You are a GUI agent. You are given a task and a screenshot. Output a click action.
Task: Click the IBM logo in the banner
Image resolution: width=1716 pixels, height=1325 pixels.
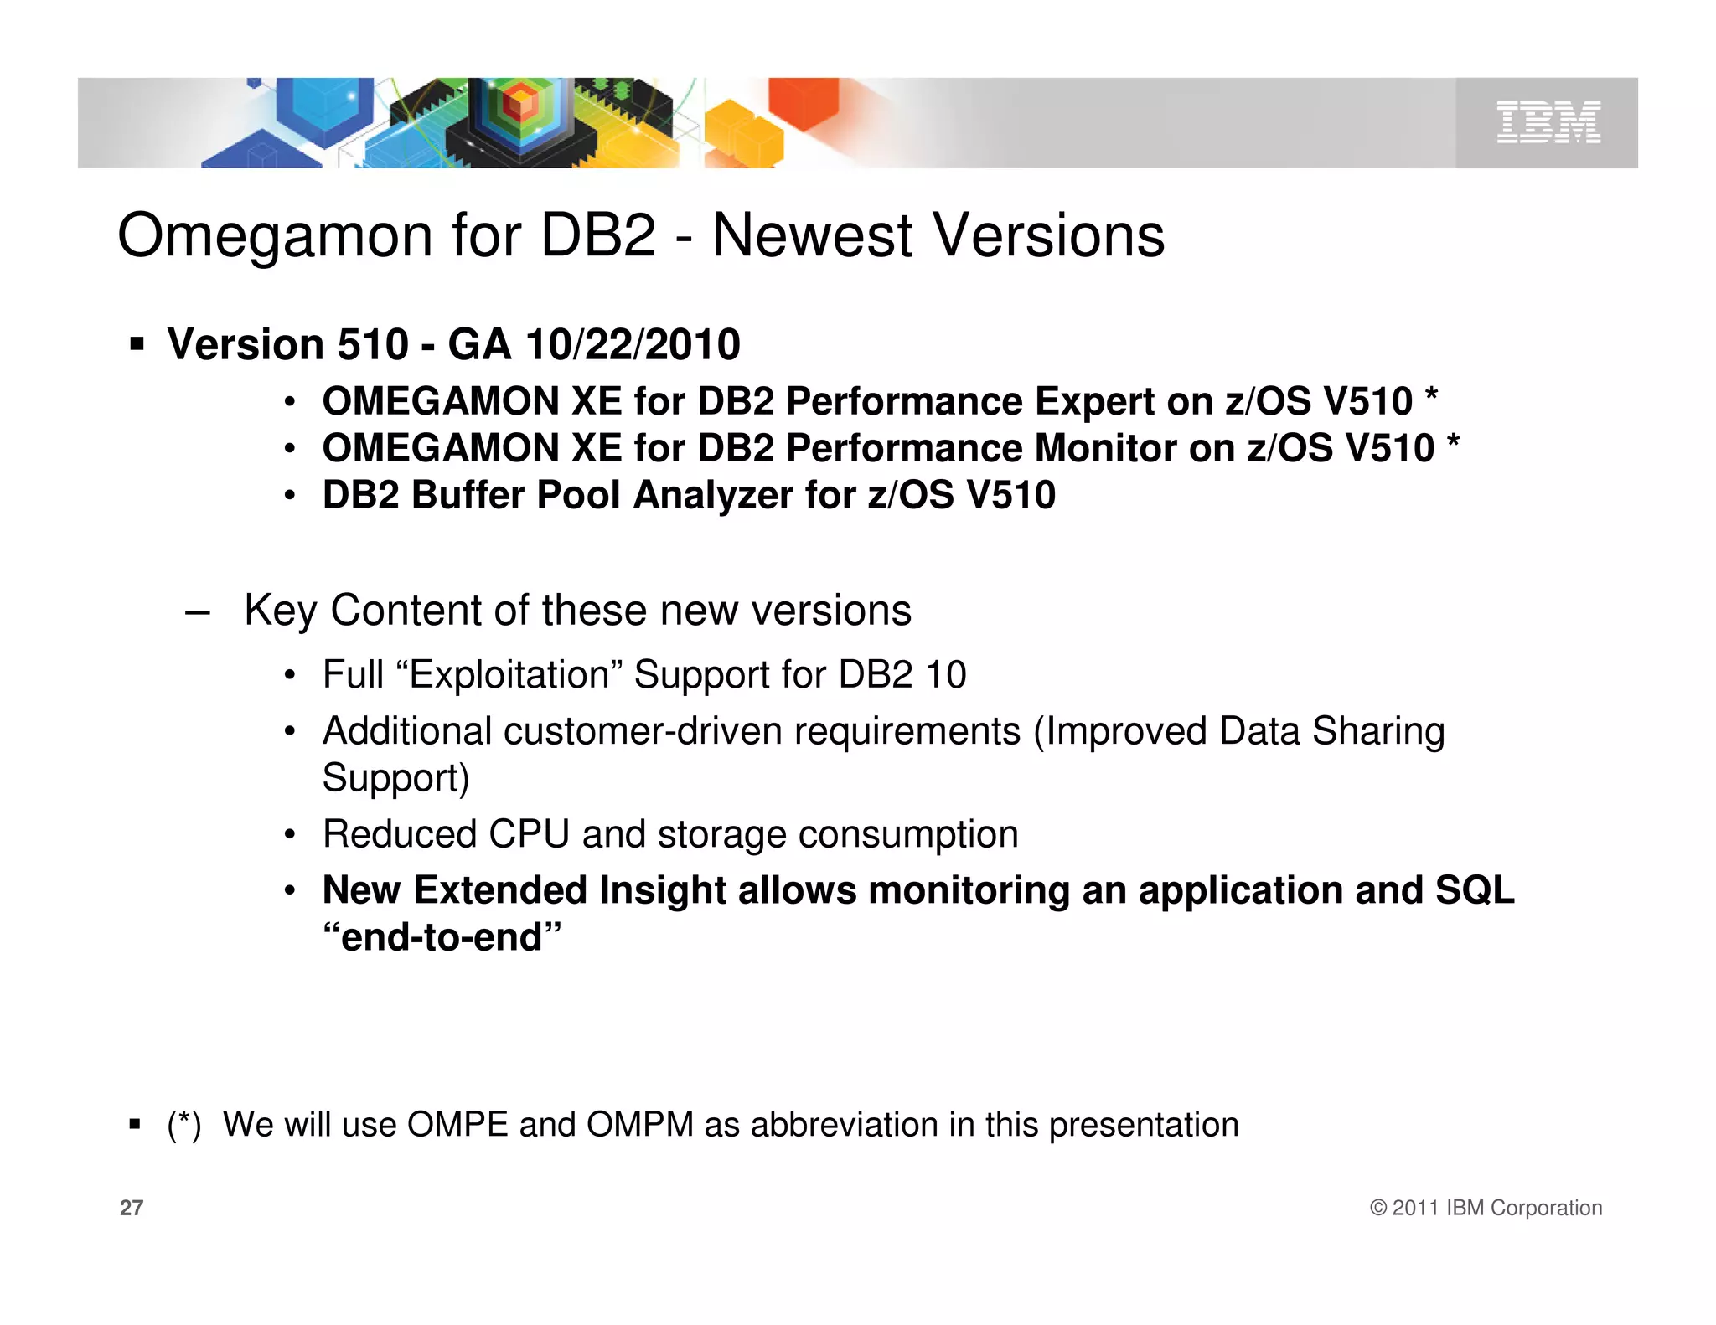point(1548,122)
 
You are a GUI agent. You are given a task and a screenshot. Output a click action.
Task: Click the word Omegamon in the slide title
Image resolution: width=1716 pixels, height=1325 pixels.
point(275,236)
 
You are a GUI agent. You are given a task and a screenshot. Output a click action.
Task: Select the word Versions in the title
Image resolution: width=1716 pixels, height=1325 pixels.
point(1048,236)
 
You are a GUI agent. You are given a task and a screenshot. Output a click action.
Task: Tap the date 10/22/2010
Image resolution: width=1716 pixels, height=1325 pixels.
point(633,345)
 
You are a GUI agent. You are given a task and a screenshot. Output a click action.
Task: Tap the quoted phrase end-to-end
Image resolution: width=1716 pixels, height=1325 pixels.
point(442,937)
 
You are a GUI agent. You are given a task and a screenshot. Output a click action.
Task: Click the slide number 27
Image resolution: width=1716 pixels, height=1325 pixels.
point(132,1208)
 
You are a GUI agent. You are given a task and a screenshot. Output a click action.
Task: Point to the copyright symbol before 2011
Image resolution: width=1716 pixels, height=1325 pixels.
point(1378,1208)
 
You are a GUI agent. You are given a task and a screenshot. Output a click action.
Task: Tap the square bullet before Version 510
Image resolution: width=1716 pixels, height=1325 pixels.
point(137,344)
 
